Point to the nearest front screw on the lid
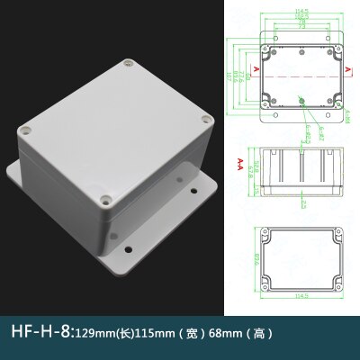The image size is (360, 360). pyautogui.click(x=106, y=200)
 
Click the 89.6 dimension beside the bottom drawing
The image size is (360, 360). pyautogui.click(x=250, y=264)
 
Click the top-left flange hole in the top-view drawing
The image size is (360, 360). pyautogui.click(x=265, y=41)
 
